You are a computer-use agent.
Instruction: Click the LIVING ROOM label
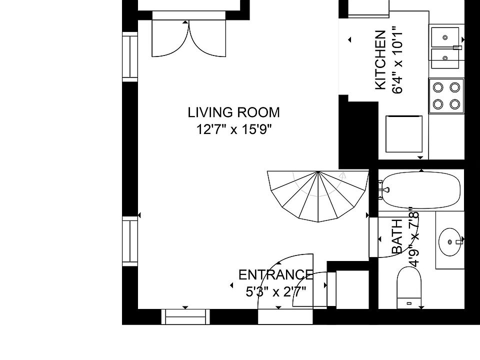(233, 112)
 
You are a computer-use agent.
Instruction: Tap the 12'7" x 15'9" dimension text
(234, 129)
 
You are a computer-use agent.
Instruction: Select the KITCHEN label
(380, 60)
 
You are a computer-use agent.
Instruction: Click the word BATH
(397, 236)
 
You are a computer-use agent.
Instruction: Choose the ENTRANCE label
(276, 274)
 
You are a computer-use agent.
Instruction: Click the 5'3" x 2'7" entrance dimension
(276, 291)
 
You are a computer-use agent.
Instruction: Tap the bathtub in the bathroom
(419, 190)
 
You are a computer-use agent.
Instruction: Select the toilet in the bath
(409, 287)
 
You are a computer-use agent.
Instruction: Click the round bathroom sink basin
(449, 242)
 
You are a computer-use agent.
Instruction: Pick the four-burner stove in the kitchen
(446, 96)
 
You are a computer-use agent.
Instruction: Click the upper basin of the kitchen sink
(445, 37)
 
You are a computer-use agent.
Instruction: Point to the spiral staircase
(318, 196)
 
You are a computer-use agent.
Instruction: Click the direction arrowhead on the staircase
(343, 175)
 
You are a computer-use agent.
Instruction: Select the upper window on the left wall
(130, 57)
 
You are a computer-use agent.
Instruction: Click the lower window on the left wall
(130, 241)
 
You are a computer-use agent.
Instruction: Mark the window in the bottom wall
(185, 317)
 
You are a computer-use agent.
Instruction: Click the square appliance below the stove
(404, 134)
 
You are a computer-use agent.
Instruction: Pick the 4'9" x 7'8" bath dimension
(414, 237)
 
